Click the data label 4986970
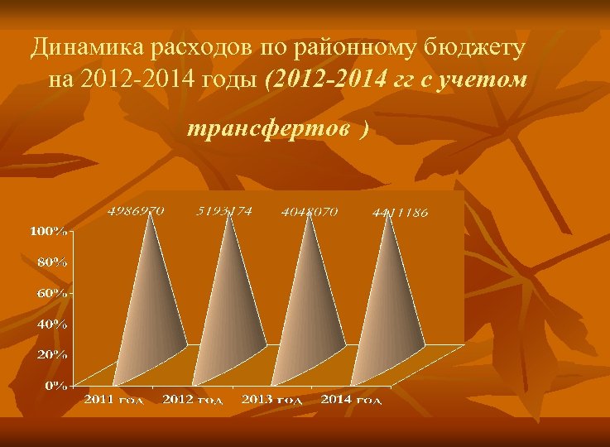136,211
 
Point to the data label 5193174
224,211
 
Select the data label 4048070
310,211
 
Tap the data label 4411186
401,213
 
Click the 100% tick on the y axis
49,230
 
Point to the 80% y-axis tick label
51,262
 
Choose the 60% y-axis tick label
51,293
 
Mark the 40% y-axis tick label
51,324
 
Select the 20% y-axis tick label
51,354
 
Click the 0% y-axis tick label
55,385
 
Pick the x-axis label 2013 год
271,401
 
